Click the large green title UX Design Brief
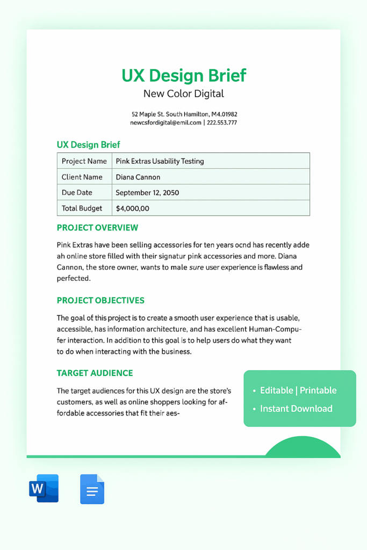[x=184, y=75]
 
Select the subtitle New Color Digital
[x=184, y=94]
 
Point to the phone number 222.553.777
[x=221, y=122]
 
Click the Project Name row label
[x=84, y=161]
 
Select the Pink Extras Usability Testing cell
[x=160, y=161]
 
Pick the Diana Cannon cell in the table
[x=138, y=177]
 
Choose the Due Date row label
[x=77, y=192]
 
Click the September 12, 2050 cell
[x=147, y=192]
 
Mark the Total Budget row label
[x=82, y=208]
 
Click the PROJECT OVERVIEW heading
[x=97, y=228]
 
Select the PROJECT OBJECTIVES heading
[x=100, y=300]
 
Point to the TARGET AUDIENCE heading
[x=95, y=373]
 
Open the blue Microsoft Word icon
[x=44, y=488]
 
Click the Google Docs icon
[x=92, y=489]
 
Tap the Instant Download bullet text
[x=296, y=409]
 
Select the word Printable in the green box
[x=318, y=390]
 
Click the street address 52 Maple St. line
[x=184, y=114]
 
